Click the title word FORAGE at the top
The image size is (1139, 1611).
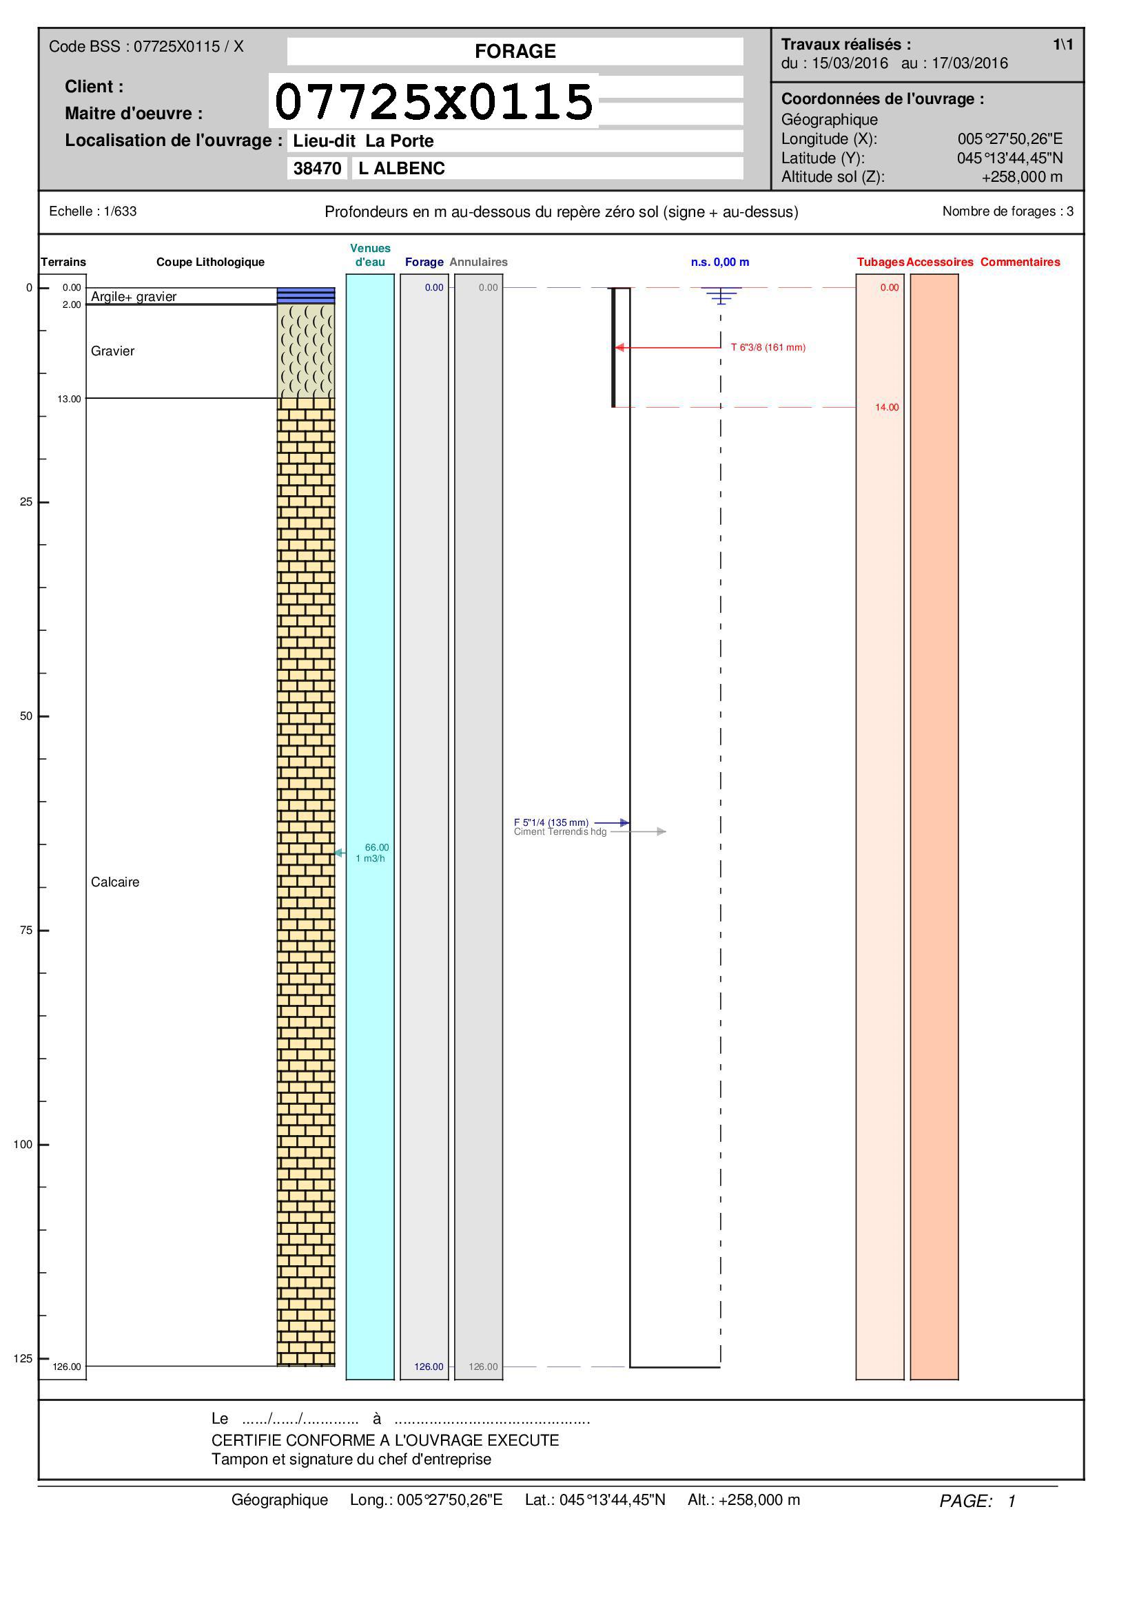click(515, 51)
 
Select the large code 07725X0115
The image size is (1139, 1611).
click(434, 101)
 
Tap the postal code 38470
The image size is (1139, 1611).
click(317, 168)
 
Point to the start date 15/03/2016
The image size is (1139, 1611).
click(850, 63)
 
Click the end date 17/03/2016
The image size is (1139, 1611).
click(970, 63)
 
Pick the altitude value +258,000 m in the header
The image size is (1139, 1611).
click(1022, 177)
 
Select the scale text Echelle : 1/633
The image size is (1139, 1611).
click(92, 211)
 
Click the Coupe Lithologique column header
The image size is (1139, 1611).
click(211, 262)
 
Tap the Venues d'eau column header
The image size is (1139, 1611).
click(371, 255)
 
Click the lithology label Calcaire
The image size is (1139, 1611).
click(115, 882)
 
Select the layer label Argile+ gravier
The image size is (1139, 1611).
click(134, 297)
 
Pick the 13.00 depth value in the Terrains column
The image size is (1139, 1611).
click(70, 399)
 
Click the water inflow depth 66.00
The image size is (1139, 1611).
click(377, 848)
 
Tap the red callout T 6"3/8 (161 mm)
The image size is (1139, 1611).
click(768, 347)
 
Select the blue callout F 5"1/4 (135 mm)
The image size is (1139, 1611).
click(551, 822)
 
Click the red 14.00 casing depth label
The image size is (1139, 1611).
click(886, 407)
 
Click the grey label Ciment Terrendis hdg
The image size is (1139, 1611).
click(560, 832)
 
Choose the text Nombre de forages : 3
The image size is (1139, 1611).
click(1008, 211)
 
